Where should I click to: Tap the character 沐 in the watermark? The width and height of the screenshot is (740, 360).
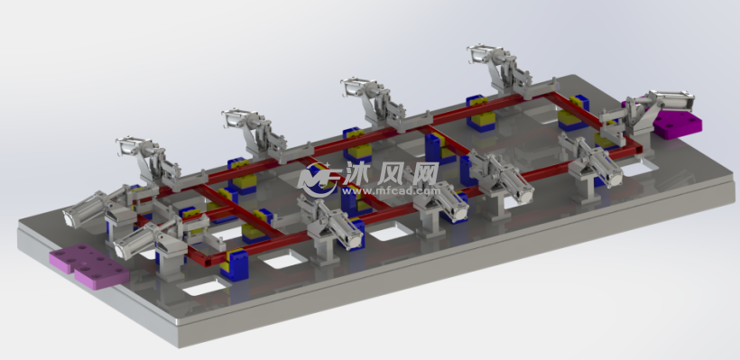click(x=357, y=173)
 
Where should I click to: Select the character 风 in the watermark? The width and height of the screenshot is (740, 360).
click(x=390, y=173)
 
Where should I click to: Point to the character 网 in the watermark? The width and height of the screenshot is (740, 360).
click(x=424, y=173)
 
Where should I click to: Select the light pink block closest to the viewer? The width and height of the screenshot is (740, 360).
click(x=89, y=264)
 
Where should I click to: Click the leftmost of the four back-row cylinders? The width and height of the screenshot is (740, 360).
click(x=134, y=146)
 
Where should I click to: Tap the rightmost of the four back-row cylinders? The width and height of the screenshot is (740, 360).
click(x=486, y=54)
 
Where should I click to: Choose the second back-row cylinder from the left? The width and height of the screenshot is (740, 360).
click(x=240, y=118)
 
